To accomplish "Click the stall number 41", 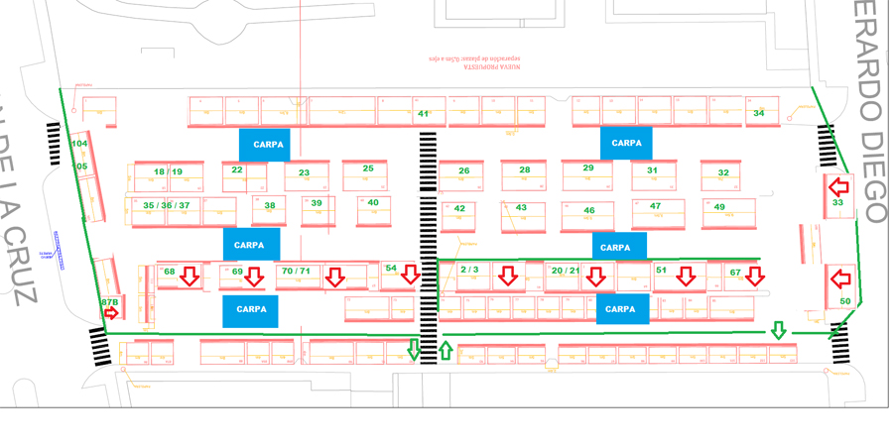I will [423, 115].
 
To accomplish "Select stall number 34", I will [758, 114].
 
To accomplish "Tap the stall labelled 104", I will [79, 144].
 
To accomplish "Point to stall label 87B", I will [110, 300].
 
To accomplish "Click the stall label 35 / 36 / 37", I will [167, 205].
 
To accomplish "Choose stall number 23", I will [304, 173].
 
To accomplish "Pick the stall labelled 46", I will [589, 211].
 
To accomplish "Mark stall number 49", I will [719, 207].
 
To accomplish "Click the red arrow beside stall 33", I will [839, 185].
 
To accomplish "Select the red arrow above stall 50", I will [839, 278].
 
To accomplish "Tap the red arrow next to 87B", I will [112, 313].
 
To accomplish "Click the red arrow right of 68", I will [189, 278].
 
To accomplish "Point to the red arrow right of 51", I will [686, 277].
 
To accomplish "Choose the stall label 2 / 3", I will [470, 270].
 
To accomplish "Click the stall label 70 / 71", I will [296, 271].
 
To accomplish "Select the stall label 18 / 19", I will [168, 171].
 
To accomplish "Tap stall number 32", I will [722, 172].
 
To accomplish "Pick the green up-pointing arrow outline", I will [445, 350].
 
